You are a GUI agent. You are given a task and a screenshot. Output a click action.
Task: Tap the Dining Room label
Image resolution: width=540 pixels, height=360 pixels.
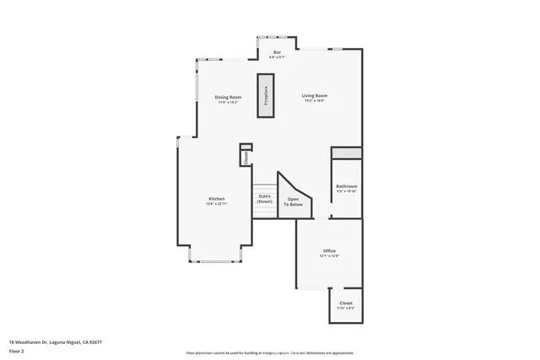coord(229,97)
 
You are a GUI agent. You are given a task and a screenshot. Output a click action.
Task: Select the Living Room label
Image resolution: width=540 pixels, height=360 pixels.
coord(315,96)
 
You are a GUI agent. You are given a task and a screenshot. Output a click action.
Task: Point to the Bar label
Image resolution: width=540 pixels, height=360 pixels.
coord(276,52)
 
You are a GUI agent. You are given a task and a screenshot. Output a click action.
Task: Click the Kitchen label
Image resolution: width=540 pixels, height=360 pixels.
coord(217,199)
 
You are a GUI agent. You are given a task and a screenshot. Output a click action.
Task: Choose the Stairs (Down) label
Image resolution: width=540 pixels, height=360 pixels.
coord(265,199)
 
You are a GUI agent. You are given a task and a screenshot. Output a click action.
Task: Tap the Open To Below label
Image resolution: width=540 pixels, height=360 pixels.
coord(293,202)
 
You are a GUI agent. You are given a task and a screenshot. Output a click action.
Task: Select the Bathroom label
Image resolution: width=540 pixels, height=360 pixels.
coord(347,186)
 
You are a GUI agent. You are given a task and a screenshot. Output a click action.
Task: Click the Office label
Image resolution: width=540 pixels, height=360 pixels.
coord(329,251)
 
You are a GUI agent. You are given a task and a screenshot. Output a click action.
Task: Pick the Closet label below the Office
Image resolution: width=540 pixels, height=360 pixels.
coord(346,303)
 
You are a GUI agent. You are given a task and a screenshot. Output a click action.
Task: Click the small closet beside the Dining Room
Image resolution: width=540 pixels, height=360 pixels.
coord(246,156)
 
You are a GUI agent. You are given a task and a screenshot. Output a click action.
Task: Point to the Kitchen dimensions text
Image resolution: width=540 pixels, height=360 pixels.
coord(217,204)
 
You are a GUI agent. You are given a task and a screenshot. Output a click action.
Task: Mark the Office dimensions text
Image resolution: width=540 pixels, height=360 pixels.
coord(329,256)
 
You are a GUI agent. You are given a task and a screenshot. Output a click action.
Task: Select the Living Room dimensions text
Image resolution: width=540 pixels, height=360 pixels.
coord(315,101)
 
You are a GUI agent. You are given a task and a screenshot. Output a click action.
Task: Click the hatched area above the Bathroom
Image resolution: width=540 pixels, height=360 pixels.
coord(346,153)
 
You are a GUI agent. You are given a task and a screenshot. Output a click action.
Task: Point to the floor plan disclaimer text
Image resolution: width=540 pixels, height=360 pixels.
coord(269,352)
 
